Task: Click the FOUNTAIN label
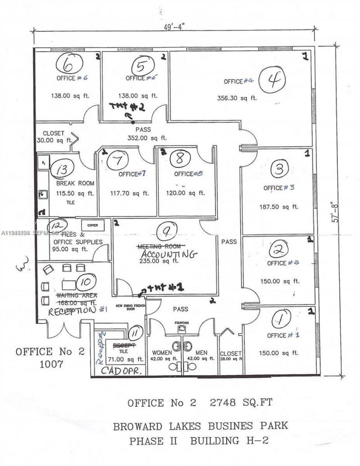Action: tap(182, 323)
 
